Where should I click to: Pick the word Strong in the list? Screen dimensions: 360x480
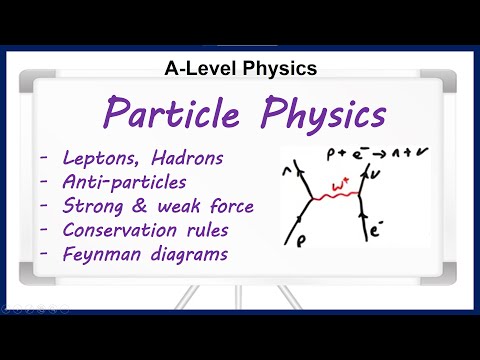(96, 207)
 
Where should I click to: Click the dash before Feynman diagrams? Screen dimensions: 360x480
(44, 255)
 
